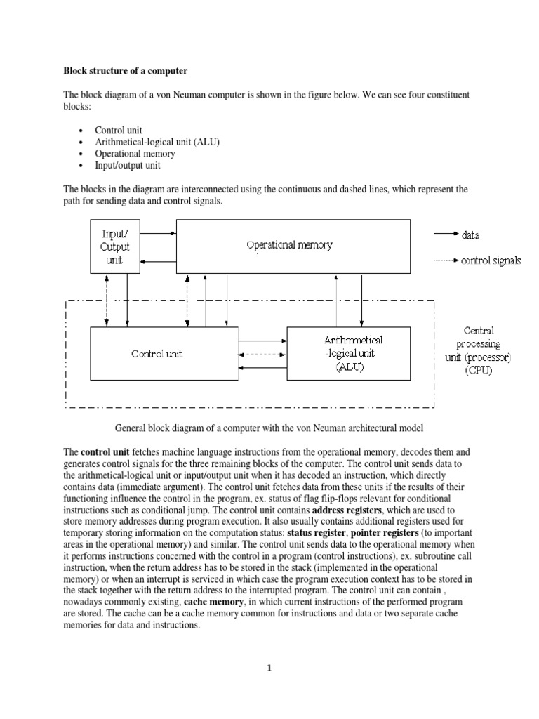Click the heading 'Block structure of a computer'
point(126,71)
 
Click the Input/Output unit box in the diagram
point(115,246)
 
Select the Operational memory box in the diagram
point(293,246)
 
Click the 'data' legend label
point(470,235)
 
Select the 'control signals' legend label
point(491,260)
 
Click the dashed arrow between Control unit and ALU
point(262,354)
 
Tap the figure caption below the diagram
point(269,428)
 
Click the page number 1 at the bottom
point(269,668)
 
